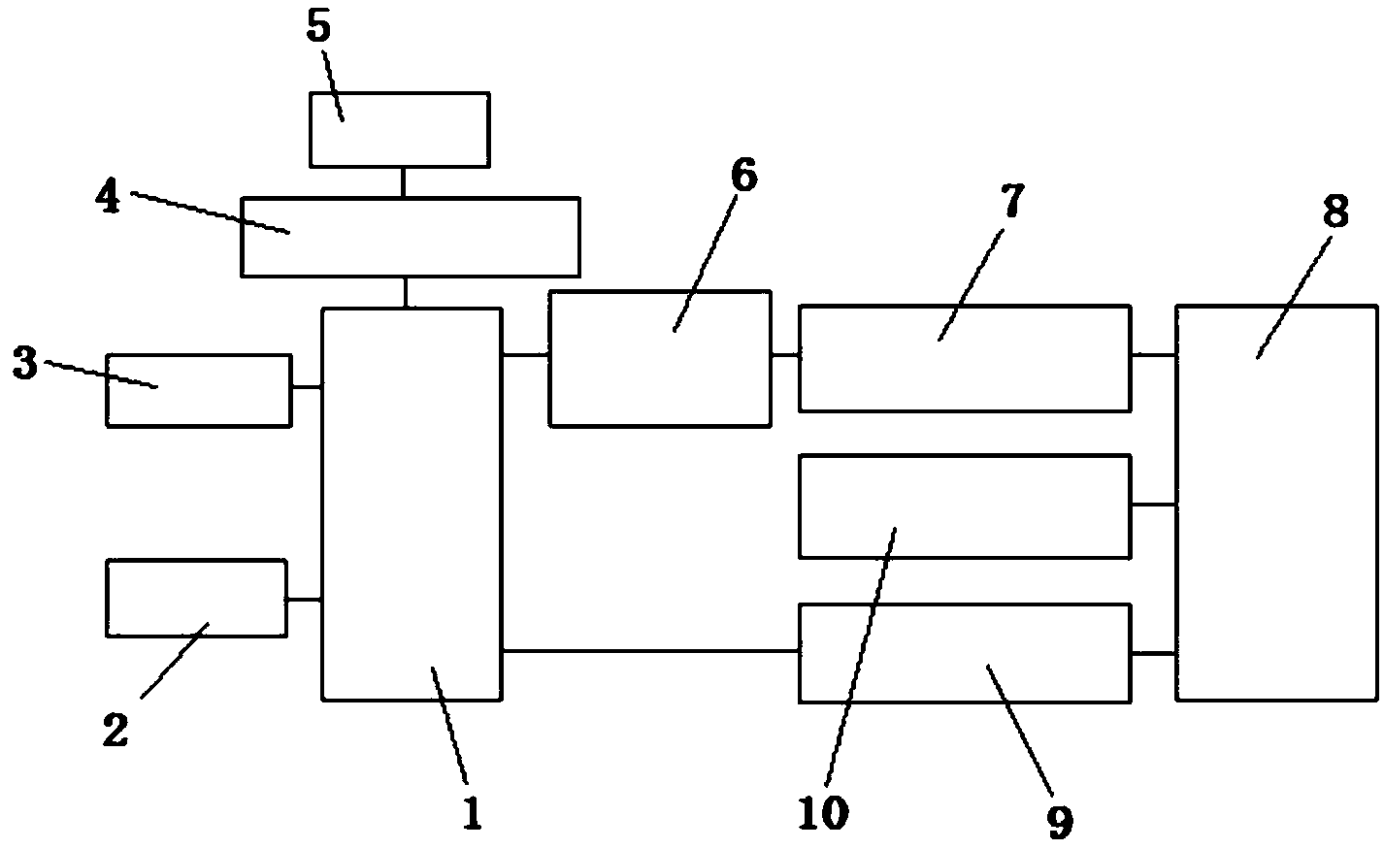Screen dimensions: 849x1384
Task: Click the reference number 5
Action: click(318, 28)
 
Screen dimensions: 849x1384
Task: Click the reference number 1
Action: click(472, 813)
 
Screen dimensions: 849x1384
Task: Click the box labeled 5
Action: click(400, 129)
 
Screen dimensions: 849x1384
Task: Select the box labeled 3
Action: click(198, 390)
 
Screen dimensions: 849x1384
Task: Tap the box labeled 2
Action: click(196, 598)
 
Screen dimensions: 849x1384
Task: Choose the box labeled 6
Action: click(660, 358)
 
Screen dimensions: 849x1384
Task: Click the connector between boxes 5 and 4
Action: click(402, 181)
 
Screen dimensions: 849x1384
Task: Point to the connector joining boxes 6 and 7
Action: click(785, 355)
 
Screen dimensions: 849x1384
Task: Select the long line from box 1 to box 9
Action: click(650, 651)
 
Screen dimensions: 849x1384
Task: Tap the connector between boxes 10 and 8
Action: click(1153, 505)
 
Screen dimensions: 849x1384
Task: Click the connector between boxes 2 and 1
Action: click(304, 600)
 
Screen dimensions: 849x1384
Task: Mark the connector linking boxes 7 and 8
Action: click(1153, 355)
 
